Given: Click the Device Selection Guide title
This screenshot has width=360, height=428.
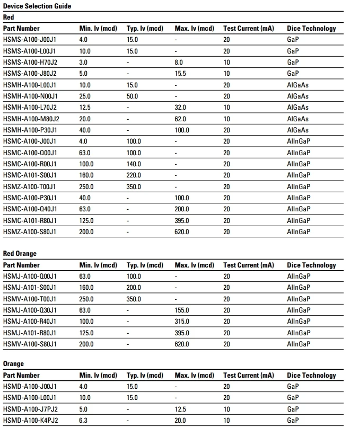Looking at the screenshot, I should coord(37,6).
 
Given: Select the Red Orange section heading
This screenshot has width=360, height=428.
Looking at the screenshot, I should coord(20,254).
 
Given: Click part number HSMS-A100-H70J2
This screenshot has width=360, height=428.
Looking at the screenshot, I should coord(30,63).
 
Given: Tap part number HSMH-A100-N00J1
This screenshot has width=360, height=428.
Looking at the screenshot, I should coord(30,96).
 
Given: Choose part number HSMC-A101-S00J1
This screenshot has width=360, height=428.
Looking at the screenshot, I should coord(30,175).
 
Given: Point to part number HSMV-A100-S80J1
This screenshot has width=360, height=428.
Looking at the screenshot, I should coord(30,344).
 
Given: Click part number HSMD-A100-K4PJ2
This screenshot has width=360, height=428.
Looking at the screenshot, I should coord(30,420).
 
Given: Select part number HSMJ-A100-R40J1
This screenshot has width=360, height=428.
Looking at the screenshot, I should coord(30,322).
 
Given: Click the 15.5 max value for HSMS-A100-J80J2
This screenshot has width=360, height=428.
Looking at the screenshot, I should coord(180,74).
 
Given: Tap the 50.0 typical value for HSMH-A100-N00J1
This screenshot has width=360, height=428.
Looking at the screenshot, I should coord(132,96).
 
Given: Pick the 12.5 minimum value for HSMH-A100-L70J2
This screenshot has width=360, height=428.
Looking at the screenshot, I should coord(85,108).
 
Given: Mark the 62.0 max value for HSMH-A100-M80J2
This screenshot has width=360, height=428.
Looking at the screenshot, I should coord(180,119).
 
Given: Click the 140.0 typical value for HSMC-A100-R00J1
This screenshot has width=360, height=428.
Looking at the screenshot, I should coord(134,164).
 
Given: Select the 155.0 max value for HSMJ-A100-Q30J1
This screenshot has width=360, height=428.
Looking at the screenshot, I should coord(182,310).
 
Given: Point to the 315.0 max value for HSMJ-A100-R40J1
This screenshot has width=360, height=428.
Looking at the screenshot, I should coord(182,322).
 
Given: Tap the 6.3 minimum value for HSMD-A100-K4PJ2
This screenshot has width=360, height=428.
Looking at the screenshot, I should coord(83,420).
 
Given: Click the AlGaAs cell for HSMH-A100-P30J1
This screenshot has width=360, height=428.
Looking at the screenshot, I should coord(297,130).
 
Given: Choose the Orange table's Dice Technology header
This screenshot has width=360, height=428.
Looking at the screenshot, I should coord(311,376).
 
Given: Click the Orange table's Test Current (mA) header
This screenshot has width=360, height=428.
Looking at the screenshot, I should coord(249,376).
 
